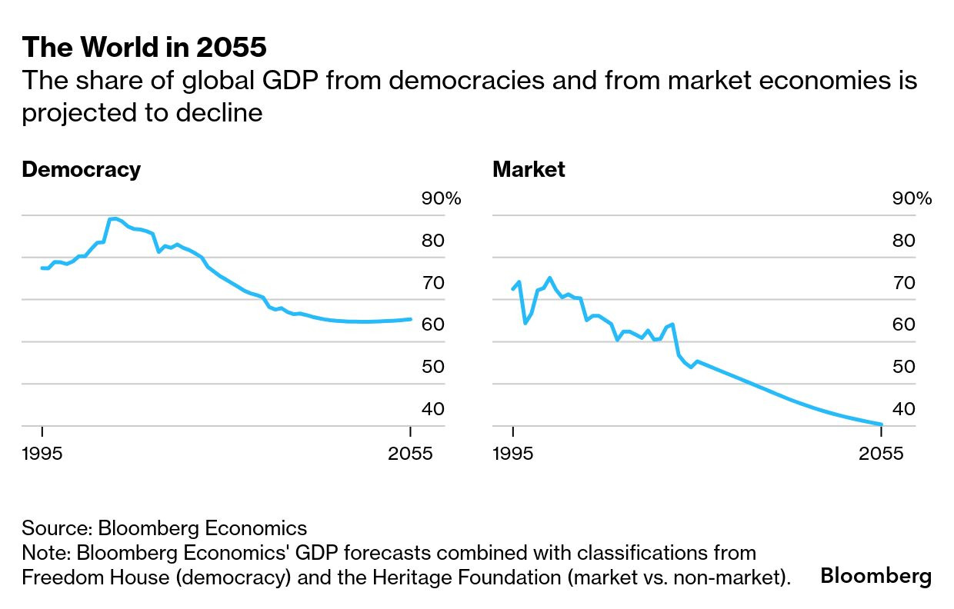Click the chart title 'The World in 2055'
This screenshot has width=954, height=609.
(144, 48)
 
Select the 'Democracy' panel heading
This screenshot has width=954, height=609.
(81, 169)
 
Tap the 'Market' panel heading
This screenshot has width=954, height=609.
(529, 169)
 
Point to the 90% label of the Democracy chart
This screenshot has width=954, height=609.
(441, 198)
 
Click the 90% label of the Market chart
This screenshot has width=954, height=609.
(912, 198)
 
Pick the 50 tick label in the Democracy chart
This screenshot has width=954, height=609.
(433, 366)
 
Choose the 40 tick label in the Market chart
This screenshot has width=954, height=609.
(904, 408)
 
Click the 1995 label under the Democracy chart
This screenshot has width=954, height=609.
(42, 453)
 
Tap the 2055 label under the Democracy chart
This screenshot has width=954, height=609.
(411, 453)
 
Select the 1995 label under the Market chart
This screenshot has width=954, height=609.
(513, 453)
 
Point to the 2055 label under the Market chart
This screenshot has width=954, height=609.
(882, 453)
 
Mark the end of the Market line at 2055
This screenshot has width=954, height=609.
(881, 424)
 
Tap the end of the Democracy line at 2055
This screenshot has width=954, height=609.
(411, 319)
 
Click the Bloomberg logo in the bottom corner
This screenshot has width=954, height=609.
(876, 576)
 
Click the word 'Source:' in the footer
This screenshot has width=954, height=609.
(56, 528)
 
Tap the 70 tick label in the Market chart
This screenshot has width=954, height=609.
(904, 282)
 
